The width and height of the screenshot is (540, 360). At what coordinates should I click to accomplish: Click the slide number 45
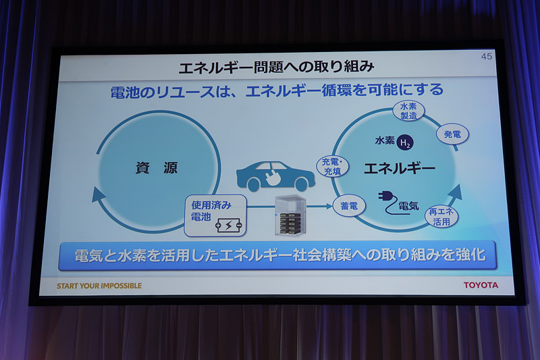tap(486, 57)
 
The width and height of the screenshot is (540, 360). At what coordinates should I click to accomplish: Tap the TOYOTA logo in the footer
tap(481, 285)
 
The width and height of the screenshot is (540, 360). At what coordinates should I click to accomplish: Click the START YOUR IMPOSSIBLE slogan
tap(99, 286)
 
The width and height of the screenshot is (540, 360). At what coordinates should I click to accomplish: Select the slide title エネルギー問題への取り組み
tap(276, 68)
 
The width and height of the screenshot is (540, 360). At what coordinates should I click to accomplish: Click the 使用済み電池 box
tap(215, 215)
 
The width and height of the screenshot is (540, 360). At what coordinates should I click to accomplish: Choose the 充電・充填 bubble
tap(332, 166)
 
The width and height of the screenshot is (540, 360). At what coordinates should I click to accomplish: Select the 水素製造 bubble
tap(408, 111)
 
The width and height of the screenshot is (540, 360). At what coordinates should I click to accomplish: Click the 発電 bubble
tap(452, 134)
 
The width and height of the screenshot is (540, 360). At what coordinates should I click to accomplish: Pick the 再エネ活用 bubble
tap(442, 217)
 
